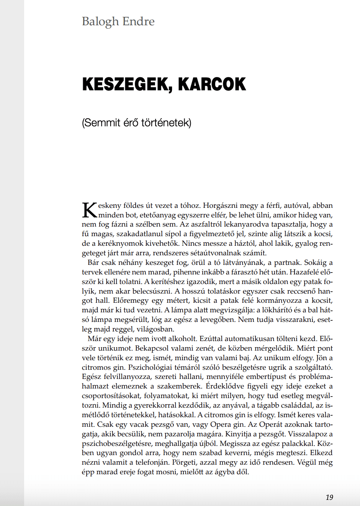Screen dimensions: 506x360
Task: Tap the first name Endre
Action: pyautogui.click(x=139, y=21)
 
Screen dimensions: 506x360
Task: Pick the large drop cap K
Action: pyautogui.click(x=90, y=210)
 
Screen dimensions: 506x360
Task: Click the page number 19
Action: pyautogui.click(x=329, y=497)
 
